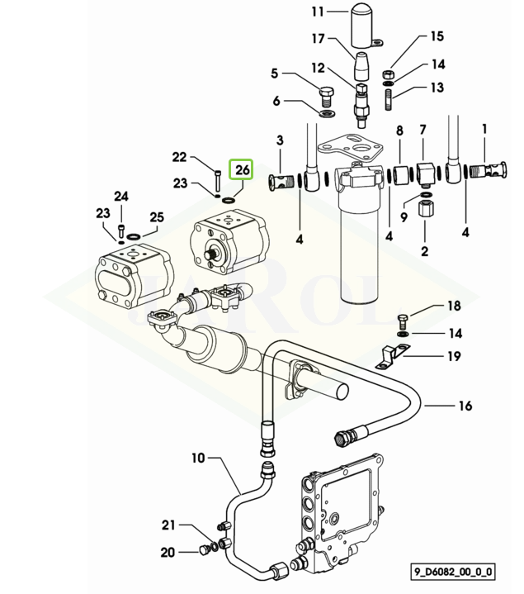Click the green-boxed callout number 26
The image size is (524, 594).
tap(243, 169)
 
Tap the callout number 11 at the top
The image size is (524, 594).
tap(318, 12)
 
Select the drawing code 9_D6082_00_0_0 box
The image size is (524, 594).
tap(453, 571)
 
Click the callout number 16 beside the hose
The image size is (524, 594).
tap(465, 406)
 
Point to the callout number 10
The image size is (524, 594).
tap(198, 458)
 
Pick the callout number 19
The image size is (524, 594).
tap(454, 356)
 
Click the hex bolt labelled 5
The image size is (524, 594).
tap(327, 97)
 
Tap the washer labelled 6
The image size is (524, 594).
tap(328, 113)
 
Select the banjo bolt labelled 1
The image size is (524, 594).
tap(488, 170)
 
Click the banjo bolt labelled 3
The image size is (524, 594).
tap(283, 183)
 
